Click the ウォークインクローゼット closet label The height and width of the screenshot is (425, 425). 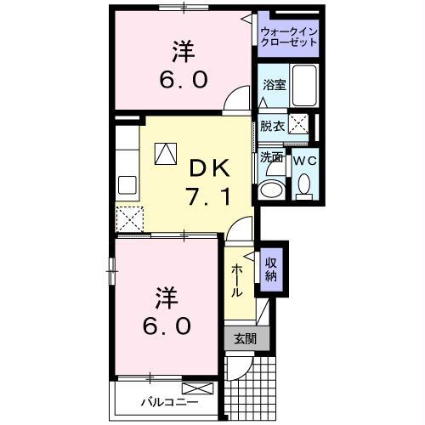click(288, 37)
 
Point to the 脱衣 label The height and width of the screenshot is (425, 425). click(271, 126)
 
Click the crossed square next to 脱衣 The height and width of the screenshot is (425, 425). click(298, 124)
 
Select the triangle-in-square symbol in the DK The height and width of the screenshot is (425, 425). click(165, 153)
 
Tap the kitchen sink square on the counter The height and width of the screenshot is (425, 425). click(127, 184)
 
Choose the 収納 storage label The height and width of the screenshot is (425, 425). click(271, 269)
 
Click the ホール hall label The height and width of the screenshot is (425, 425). click(237, 279)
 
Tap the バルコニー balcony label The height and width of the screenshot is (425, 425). click(169, 401)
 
